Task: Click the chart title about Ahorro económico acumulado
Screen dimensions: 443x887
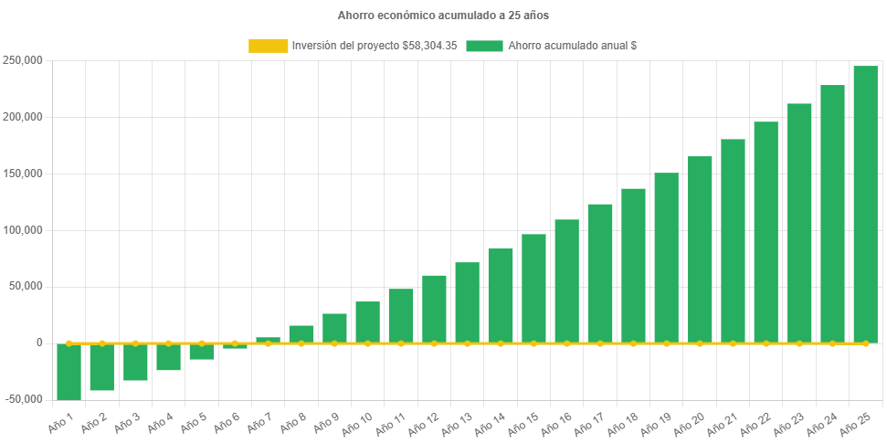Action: [443, 16]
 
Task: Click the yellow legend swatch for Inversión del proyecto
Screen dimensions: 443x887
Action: [267, 46]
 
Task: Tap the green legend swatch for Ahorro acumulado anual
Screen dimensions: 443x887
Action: [484, 46]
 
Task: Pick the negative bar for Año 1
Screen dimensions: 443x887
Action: [69, 371]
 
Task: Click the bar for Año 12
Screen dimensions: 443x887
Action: [434, 309]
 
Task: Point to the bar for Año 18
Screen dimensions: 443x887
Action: [633, 265]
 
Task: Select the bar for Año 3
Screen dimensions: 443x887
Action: [135, 362]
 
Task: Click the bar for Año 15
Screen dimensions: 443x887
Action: [533, 288]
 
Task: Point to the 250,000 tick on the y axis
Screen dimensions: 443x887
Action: [25, 60]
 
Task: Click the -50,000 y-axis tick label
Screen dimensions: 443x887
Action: [23, 399]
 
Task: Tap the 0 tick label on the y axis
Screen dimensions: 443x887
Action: [39, 343]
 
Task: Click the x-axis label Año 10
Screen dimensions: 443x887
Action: [357, 421]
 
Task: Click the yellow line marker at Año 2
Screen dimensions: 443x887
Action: [102, 343]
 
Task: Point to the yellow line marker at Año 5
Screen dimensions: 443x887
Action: [202, 343]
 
